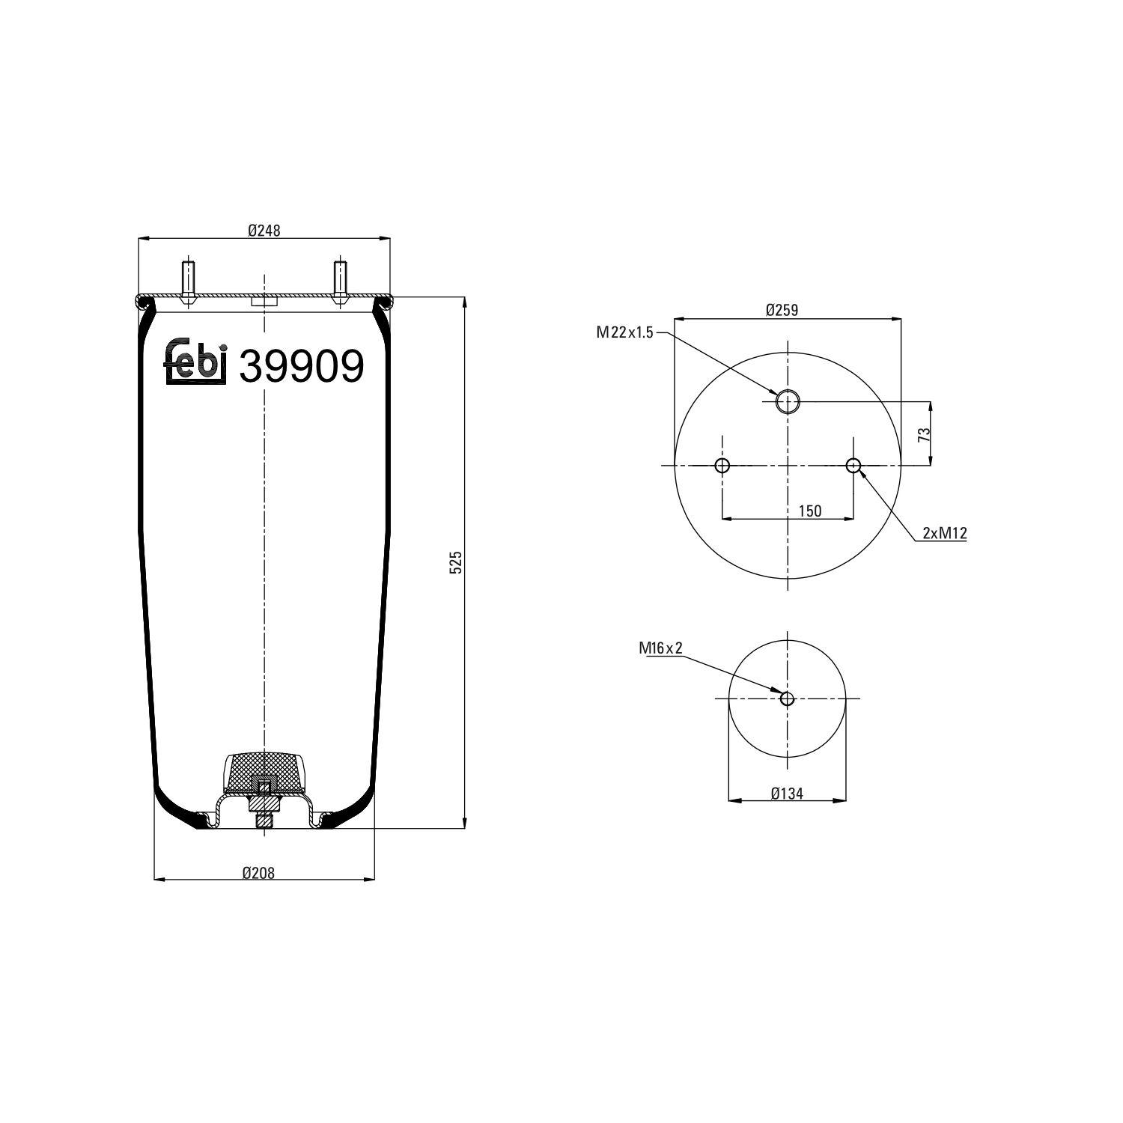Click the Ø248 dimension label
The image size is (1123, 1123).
click(264, 231)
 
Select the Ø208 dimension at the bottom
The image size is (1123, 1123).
click(258, 872)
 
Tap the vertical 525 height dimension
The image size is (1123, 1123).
click(457, 562)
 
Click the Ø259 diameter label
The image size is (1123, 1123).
click(782, 310)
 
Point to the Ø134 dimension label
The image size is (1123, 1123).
click(787, 794)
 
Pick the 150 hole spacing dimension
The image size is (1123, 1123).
click(809, 511)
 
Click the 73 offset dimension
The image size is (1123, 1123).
click(924, 434)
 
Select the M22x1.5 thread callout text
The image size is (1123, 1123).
click(625, 332)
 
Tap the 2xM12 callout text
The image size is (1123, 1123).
click(945, 533)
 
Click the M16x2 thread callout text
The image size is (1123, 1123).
click(660, 648)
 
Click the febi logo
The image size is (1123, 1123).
click(195, 362)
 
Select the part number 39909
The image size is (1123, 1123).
click(301, 367)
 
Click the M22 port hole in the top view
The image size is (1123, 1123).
click(788, 402)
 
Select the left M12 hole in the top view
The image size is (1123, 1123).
click(722, 466)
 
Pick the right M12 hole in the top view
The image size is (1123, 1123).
click(853, 466)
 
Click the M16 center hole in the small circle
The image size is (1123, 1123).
click(787, 699)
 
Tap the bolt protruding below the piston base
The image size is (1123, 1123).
click(264, 821)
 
